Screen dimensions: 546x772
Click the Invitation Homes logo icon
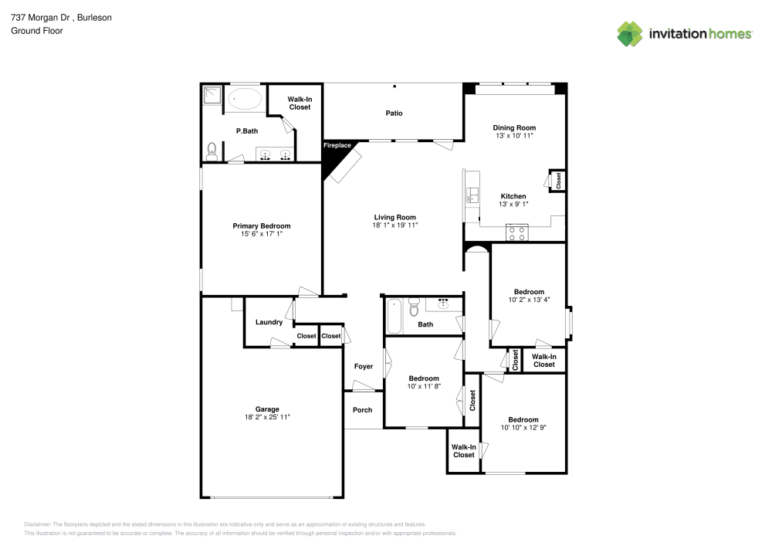pos(630,33)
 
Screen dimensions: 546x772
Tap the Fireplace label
pos(337,145)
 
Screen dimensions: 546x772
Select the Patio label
pos(394,114)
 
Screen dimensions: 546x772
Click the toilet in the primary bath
pos(212,151)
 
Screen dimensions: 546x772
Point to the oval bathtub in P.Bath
pos(246,99)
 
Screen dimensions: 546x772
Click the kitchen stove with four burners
pos(516,233)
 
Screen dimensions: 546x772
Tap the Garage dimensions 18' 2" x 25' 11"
pos(267,417)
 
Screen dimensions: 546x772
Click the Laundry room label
pos(269,322)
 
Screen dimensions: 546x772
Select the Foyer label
pos(363,366)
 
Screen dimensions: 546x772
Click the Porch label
pos(362,410)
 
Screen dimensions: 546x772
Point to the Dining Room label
pos(514,127)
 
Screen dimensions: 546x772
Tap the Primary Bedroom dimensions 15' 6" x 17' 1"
pos(261,234)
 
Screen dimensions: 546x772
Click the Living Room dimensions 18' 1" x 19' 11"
pos(394,226)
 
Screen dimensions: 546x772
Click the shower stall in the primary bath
pos(212,95)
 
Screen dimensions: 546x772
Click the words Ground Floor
pos(37,31)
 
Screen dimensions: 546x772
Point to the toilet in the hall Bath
pos(414,308)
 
